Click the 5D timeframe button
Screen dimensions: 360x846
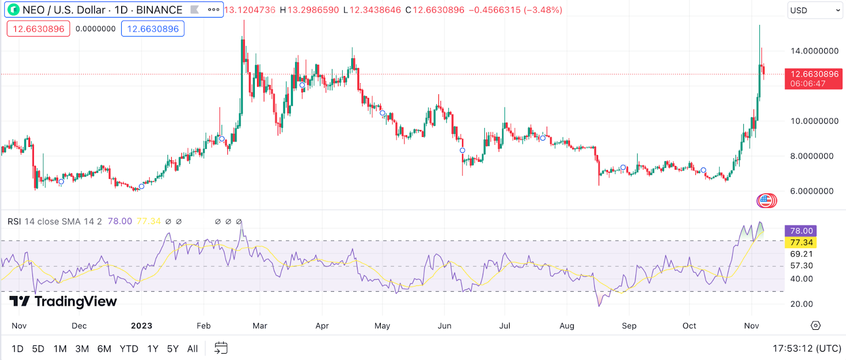pyautogui.click(x=38, y=349)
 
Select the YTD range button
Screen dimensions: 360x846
pyautogui.click(x=128, y=349)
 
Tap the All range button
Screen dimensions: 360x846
pyautogui.click(x=192, y=349)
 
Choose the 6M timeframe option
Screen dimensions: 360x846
pyautogui.click(x=104, y=349)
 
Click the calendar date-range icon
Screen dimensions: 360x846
pyautogui.click(x=221, y=348)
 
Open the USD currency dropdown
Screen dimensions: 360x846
pyautogui.click(x=814, y=11)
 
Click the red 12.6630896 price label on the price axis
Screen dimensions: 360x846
pyautogui.click(x=813, y=79)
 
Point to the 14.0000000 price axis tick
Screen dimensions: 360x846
pyautogui.click(x=814, y=51)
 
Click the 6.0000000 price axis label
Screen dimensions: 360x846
pyautogui.click(x=814, y=191)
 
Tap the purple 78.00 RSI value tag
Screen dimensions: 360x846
pyautogui.click(x=801, y=231)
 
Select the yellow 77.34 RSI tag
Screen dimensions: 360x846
pyautogui.click(x=801, y=243)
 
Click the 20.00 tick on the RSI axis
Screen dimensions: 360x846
pyautogui.click(x=802, y=304)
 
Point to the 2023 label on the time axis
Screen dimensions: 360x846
pyautogui.click(x=142, y=326)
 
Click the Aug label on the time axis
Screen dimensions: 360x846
pyautogui.click(x=567, y=326)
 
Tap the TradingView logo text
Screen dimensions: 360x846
pyautogui.click(x=75, y=301)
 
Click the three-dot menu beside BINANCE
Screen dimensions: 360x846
pyautogui.click(x=214, y=10)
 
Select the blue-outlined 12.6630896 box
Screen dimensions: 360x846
pyautogui.click(x=153, y=29)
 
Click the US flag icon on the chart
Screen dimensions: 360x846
pyautogui.click(x=765, y=200)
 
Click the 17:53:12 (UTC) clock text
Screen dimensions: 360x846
pyautogui.click(x=807, y=348)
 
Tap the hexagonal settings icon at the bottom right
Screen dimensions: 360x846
pyautogui.click(x=816, y=326)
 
